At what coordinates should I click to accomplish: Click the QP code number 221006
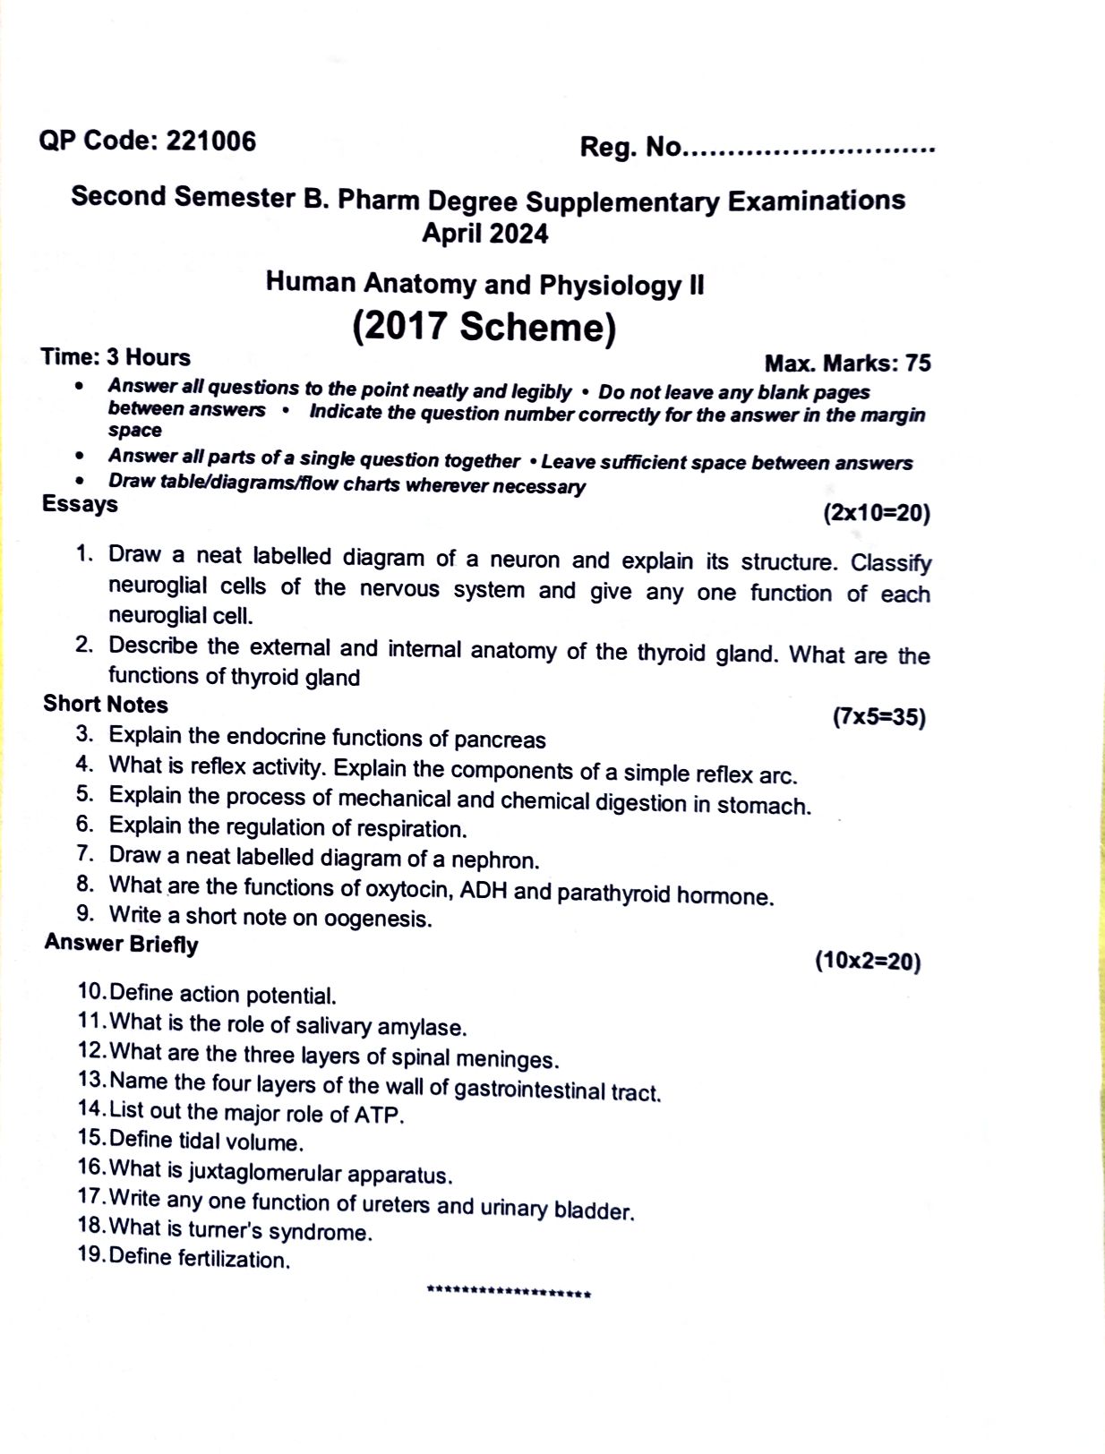point(211,141)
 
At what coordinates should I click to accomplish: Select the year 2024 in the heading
point(515,234)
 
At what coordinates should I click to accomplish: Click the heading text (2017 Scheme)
point(484,326)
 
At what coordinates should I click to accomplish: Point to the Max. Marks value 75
point(918,363)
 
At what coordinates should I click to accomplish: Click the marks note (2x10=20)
point(877,513)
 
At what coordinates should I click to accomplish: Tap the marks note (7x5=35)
point(878,717)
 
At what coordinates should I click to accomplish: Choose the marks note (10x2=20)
point(868,962)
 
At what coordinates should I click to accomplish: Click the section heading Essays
point(80,504)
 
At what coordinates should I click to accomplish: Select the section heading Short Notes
point(106,704)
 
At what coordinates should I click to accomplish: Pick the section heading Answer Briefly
point(121,944)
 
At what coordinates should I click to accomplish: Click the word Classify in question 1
point(890,563)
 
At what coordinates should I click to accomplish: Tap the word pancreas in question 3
point(500,740)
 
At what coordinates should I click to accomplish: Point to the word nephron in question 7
point(494,860)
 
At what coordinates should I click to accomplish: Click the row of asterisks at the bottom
point(509,1294)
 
